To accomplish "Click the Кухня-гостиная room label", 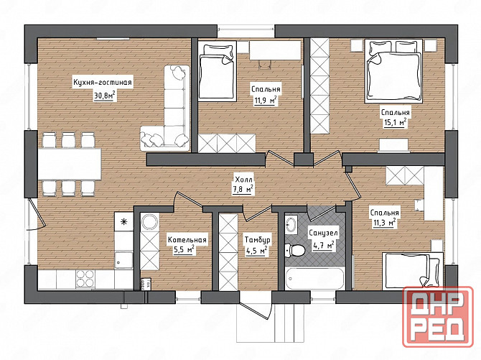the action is point(102,83).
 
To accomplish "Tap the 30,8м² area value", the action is point(105,96).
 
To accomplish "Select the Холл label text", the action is point(243,180).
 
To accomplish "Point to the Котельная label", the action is point(187,239).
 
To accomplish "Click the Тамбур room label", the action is point(258,239).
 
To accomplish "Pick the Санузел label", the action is point(323,233).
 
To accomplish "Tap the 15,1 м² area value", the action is point(395,123).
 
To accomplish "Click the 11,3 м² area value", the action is point(384,223).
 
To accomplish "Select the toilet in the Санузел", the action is point(294,250).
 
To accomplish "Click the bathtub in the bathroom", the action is point(314,278).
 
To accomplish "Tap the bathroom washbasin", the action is point(291,223).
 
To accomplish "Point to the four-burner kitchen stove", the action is point(85,279).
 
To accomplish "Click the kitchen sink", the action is point(124,260).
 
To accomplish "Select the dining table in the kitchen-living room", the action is point(70,164).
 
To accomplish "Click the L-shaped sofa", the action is point(165,108).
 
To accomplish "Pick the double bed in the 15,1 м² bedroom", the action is point(393,71).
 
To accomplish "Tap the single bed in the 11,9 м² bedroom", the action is point(217,71).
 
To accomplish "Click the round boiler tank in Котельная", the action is point(150,221).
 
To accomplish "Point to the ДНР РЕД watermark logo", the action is point(438,316).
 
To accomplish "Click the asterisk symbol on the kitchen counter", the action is point(123,222).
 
